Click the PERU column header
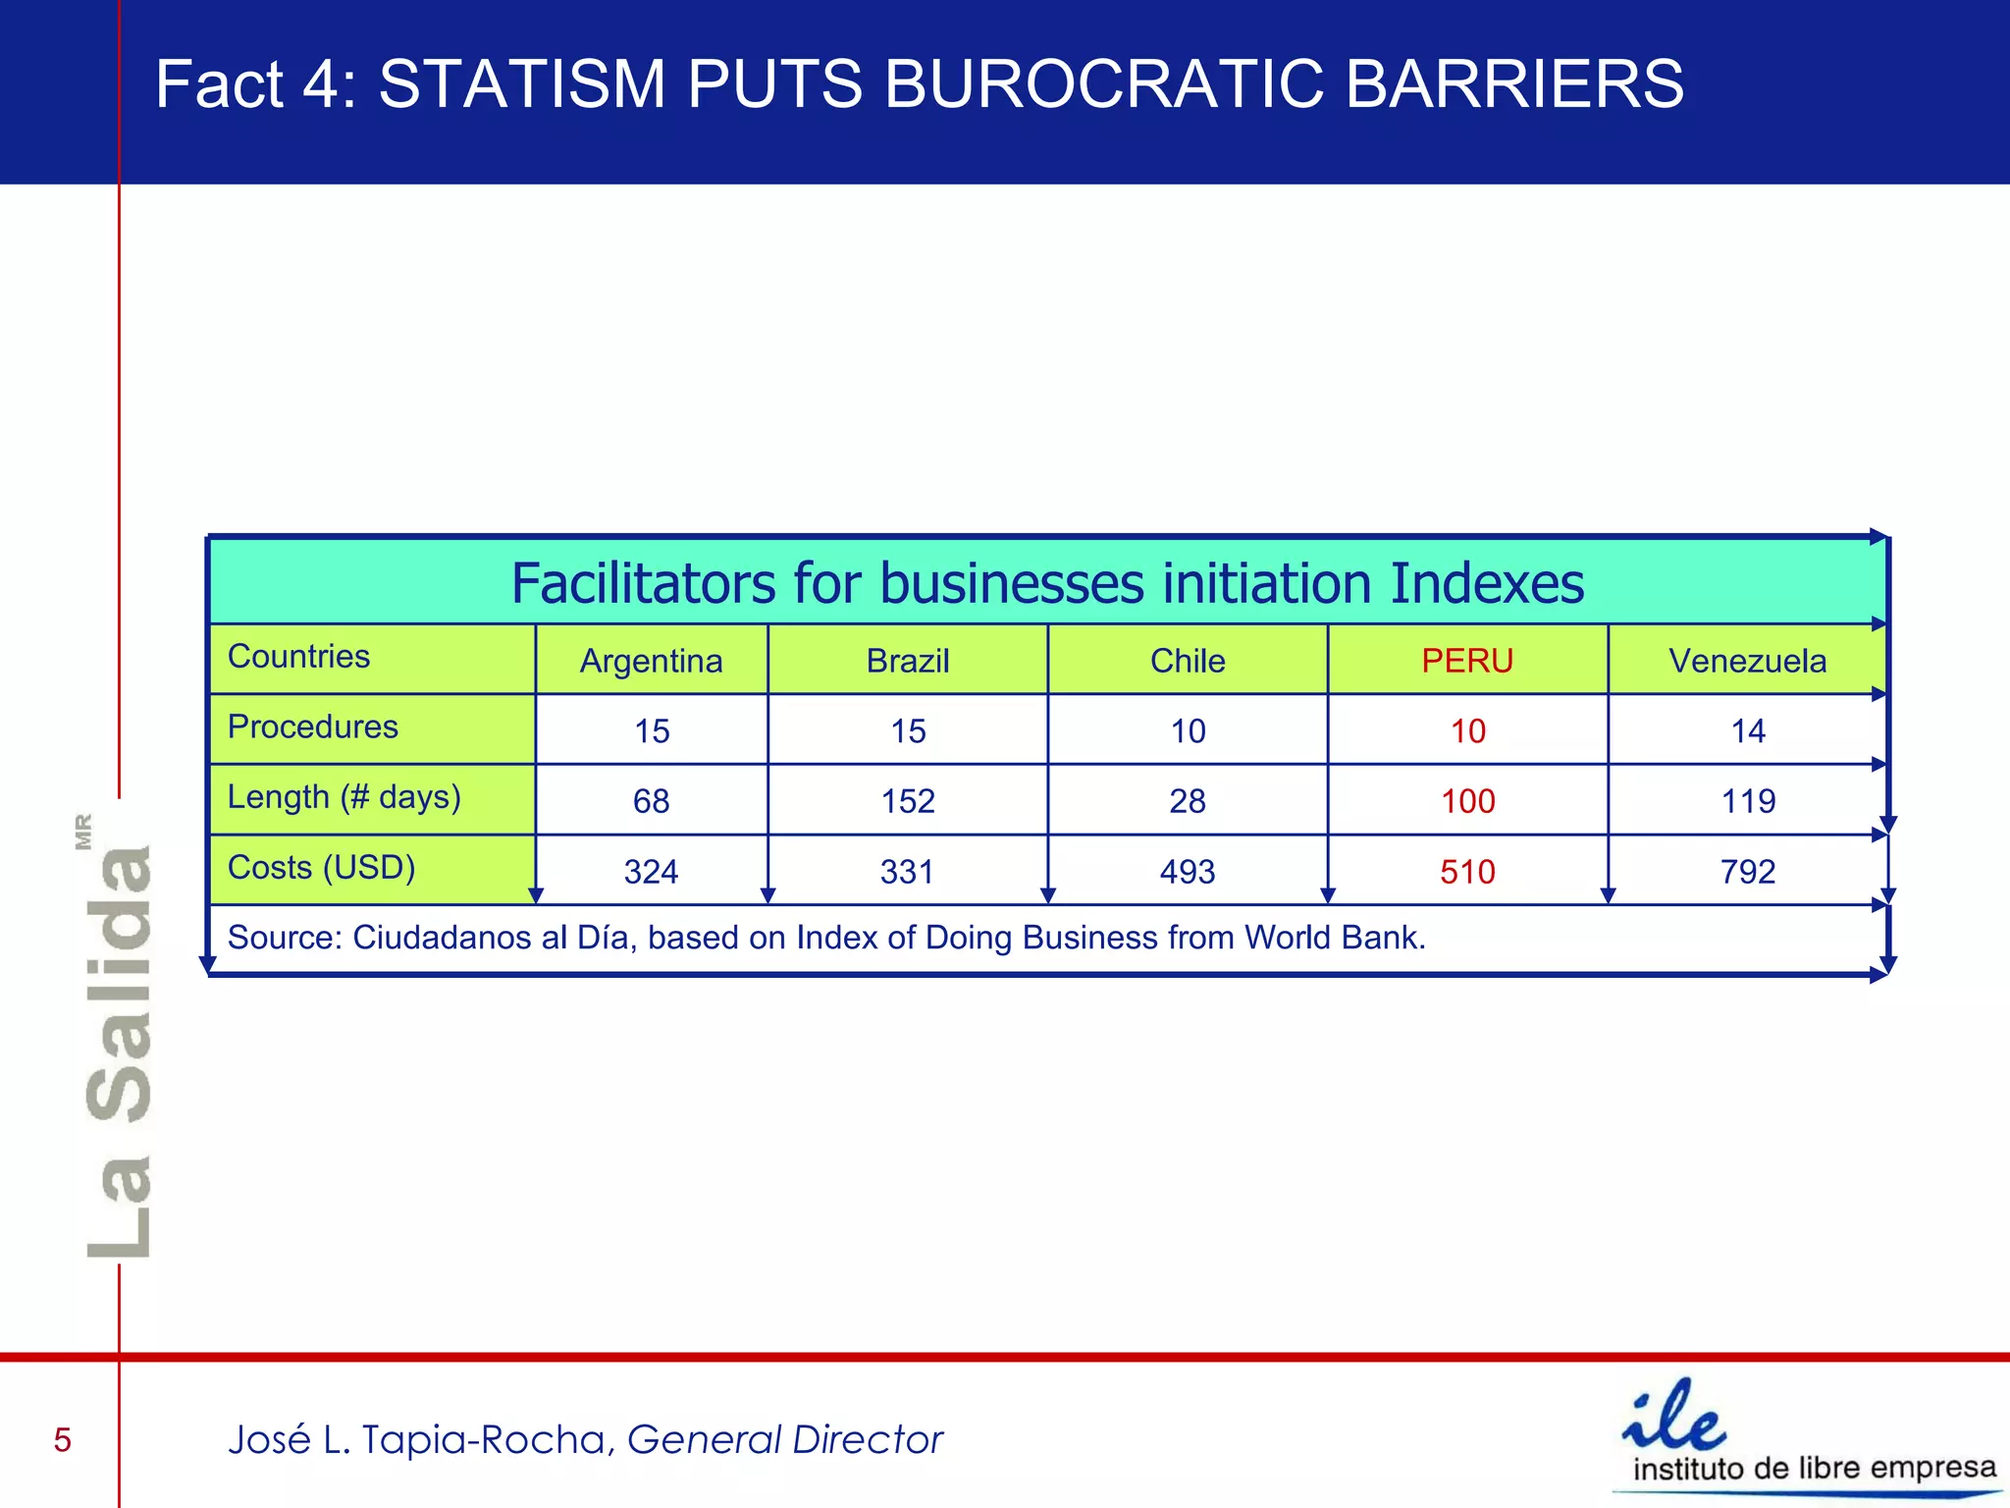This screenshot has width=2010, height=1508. point(1467,661)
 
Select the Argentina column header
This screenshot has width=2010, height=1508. point(651,661)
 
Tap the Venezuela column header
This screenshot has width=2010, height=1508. point(1747,661)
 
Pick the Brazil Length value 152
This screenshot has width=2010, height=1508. point(908,801)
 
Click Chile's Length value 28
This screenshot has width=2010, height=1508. point(1187,801)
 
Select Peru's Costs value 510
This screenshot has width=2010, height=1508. point(1467,872)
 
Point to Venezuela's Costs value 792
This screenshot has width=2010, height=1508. point(1747,872)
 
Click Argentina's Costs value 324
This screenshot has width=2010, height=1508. point(651,872)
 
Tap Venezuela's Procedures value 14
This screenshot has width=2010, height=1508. point(1747,731)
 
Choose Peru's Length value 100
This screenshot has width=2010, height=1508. point(1467,801)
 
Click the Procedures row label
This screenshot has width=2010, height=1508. point(312,727)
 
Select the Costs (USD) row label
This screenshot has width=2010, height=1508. point(321,868)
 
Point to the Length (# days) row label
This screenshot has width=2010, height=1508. point(344,797)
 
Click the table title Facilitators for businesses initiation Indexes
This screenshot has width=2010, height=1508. point(1047,583)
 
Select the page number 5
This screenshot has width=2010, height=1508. point(63,1440)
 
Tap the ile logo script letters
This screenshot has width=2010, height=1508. point(1674,1417)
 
